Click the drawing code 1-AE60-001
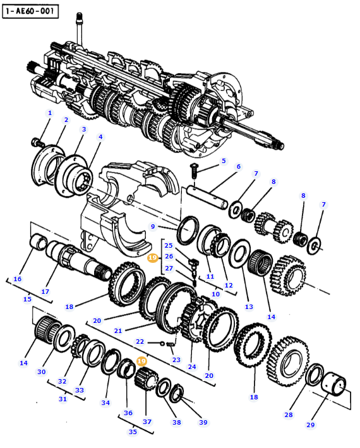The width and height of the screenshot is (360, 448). pos(30,11)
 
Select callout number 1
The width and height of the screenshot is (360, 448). pos(50,112)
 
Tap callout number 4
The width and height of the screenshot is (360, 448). pos(100,136)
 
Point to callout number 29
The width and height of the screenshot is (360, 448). pos(310,425)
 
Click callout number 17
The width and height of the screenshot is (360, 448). pos(45,291)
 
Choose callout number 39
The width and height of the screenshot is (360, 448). pos(203,422)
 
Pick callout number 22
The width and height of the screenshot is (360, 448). pos(140,341)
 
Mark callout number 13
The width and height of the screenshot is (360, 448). pos(249,306)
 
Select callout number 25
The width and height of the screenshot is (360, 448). pos(169,245)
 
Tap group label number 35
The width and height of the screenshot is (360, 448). pos(133,432)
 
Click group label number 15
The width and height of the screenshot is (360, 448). pos(27,299)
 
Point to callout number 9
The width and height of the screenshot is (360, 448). pos(152,226)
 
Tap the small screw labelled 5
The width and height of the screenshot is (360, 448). pos(195,168)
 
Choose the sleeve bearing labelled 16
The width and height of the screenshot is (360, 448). pos(41,242)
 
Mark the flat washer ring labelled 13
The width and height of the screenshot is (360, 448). pos(240,253)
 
